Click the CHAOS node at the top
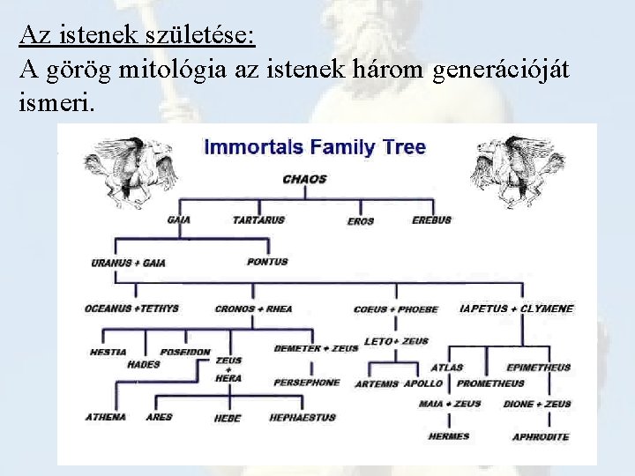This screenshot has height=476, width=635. point(304,179)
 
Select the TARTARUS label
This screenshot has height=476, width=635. point(258,219)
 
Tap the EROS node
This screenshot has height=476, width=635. point(360,221)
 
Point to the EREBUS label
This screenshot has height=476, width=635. point(431,219)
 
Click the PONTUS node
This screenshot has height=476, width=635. point(267,262)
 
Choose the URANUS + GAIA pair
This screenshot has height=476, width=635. point(128,263)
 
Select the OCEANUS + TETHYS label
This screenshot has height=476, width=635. point(131,309)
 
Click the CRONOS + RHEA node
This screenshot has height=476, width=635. point(253,309)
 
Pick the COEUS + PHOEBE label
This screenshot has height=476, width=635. point(396,310)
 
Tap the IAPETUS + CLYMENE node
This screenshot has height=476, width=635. point(517,309)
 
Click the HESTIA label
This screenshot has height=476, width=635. point(108,352)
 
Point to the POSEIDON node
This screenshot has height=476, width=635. point(184,352)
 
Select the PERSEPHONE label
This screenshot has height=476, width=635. point(306,383)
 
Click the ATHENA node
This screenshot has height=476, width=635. point(106,417)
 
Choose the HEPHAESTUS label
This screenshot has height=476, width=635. point(303,418)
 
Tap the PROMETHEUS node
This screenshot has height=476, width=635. point(490,383)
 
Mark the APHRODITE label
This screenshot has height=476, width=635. point(541,437)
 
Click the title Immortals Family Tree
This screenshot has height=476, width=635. point(315,147)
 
